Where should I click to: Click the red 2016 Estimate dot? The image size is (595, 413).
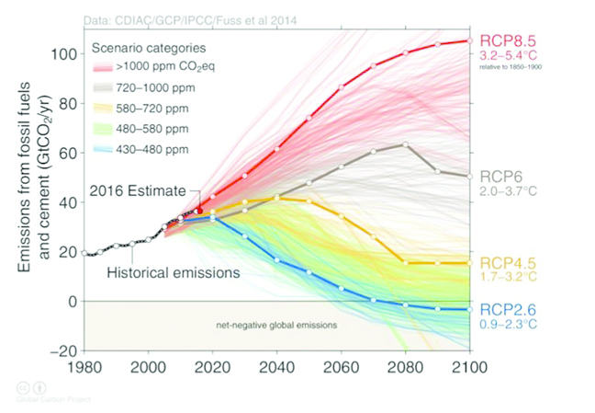tap(199, 211)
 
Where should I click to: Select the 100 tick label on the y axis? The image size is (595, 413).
tap(62, 53)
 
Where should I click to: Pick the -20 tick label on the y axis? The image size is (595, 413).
tap(62, 350)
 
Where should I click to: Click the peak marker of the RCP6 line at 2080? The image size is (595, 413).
tap(405, 144)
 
